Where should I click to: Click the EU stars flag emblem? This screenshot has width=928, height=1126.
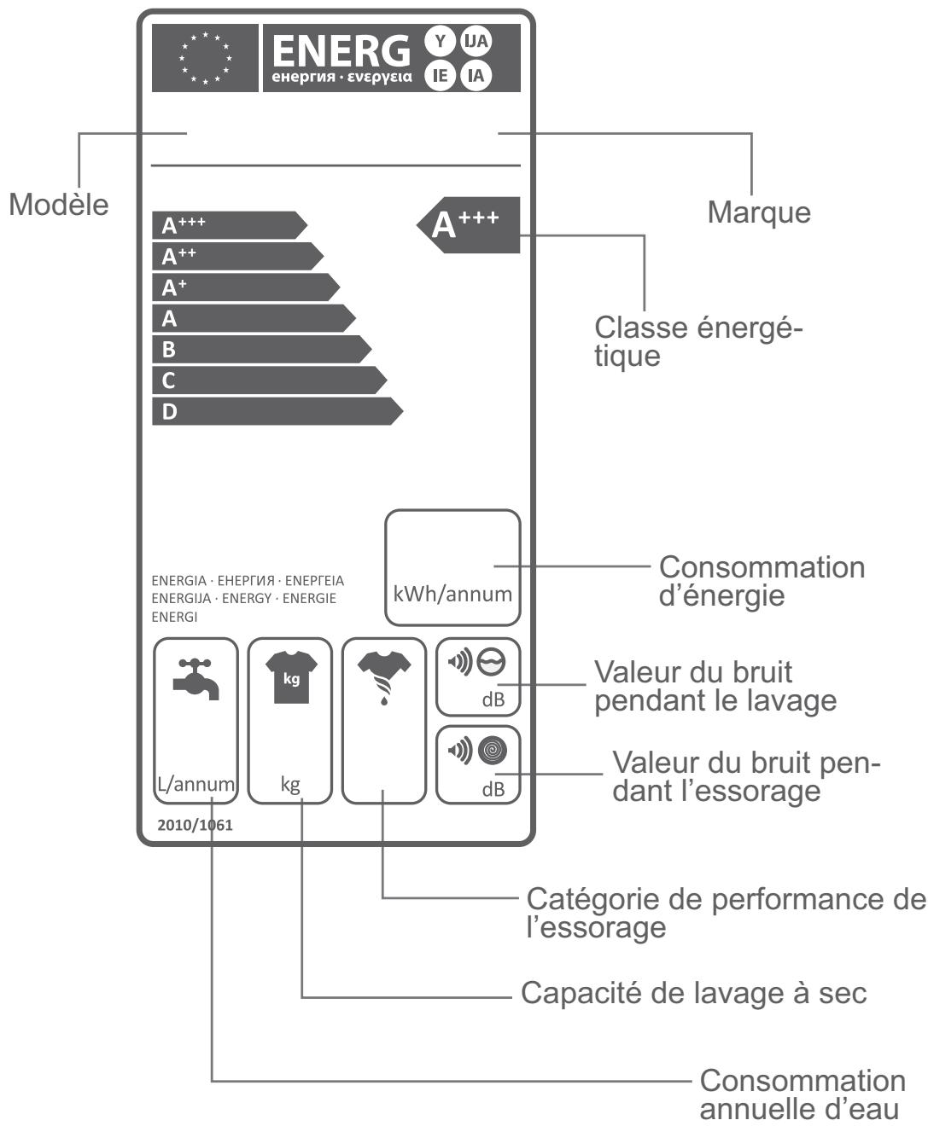205,58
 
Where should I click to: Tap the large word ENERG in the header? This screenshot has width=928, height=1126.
341,50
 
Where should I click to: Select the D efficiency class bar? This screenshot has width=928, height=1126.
277,411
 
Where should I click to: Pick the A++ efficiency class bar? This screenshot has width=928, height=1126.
237,256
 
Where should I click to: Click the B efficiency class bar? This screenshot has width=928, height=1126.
262,350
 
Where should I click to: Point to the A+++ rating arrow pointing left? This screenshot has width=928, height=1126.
469,225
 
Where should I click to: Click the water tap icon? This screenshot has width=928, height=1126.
196,679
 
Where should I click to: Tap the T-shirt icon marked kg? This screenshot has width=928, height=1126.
291,677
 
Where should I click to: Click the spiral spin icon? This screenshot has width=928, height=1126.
493,751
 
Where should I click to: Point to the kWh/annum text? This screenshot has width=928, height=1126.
452,594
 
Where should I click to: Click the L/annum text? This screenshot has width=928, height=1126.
196,784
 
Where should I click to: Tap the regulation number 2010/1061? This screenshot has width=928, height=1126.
195,825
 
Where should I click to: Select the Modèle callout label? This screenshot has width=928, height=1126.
59,205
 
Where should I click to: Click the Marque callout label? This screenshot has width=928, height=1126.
759,212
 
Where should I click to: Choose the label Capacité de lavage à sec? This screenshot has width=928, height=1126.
694,993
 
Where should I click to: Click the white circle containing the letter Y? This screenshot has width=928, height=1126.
440,41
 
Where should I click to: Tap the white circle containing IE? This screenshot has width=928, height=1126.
440,75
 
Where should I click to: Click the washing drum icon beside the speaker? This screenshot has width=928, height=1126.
492,662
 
